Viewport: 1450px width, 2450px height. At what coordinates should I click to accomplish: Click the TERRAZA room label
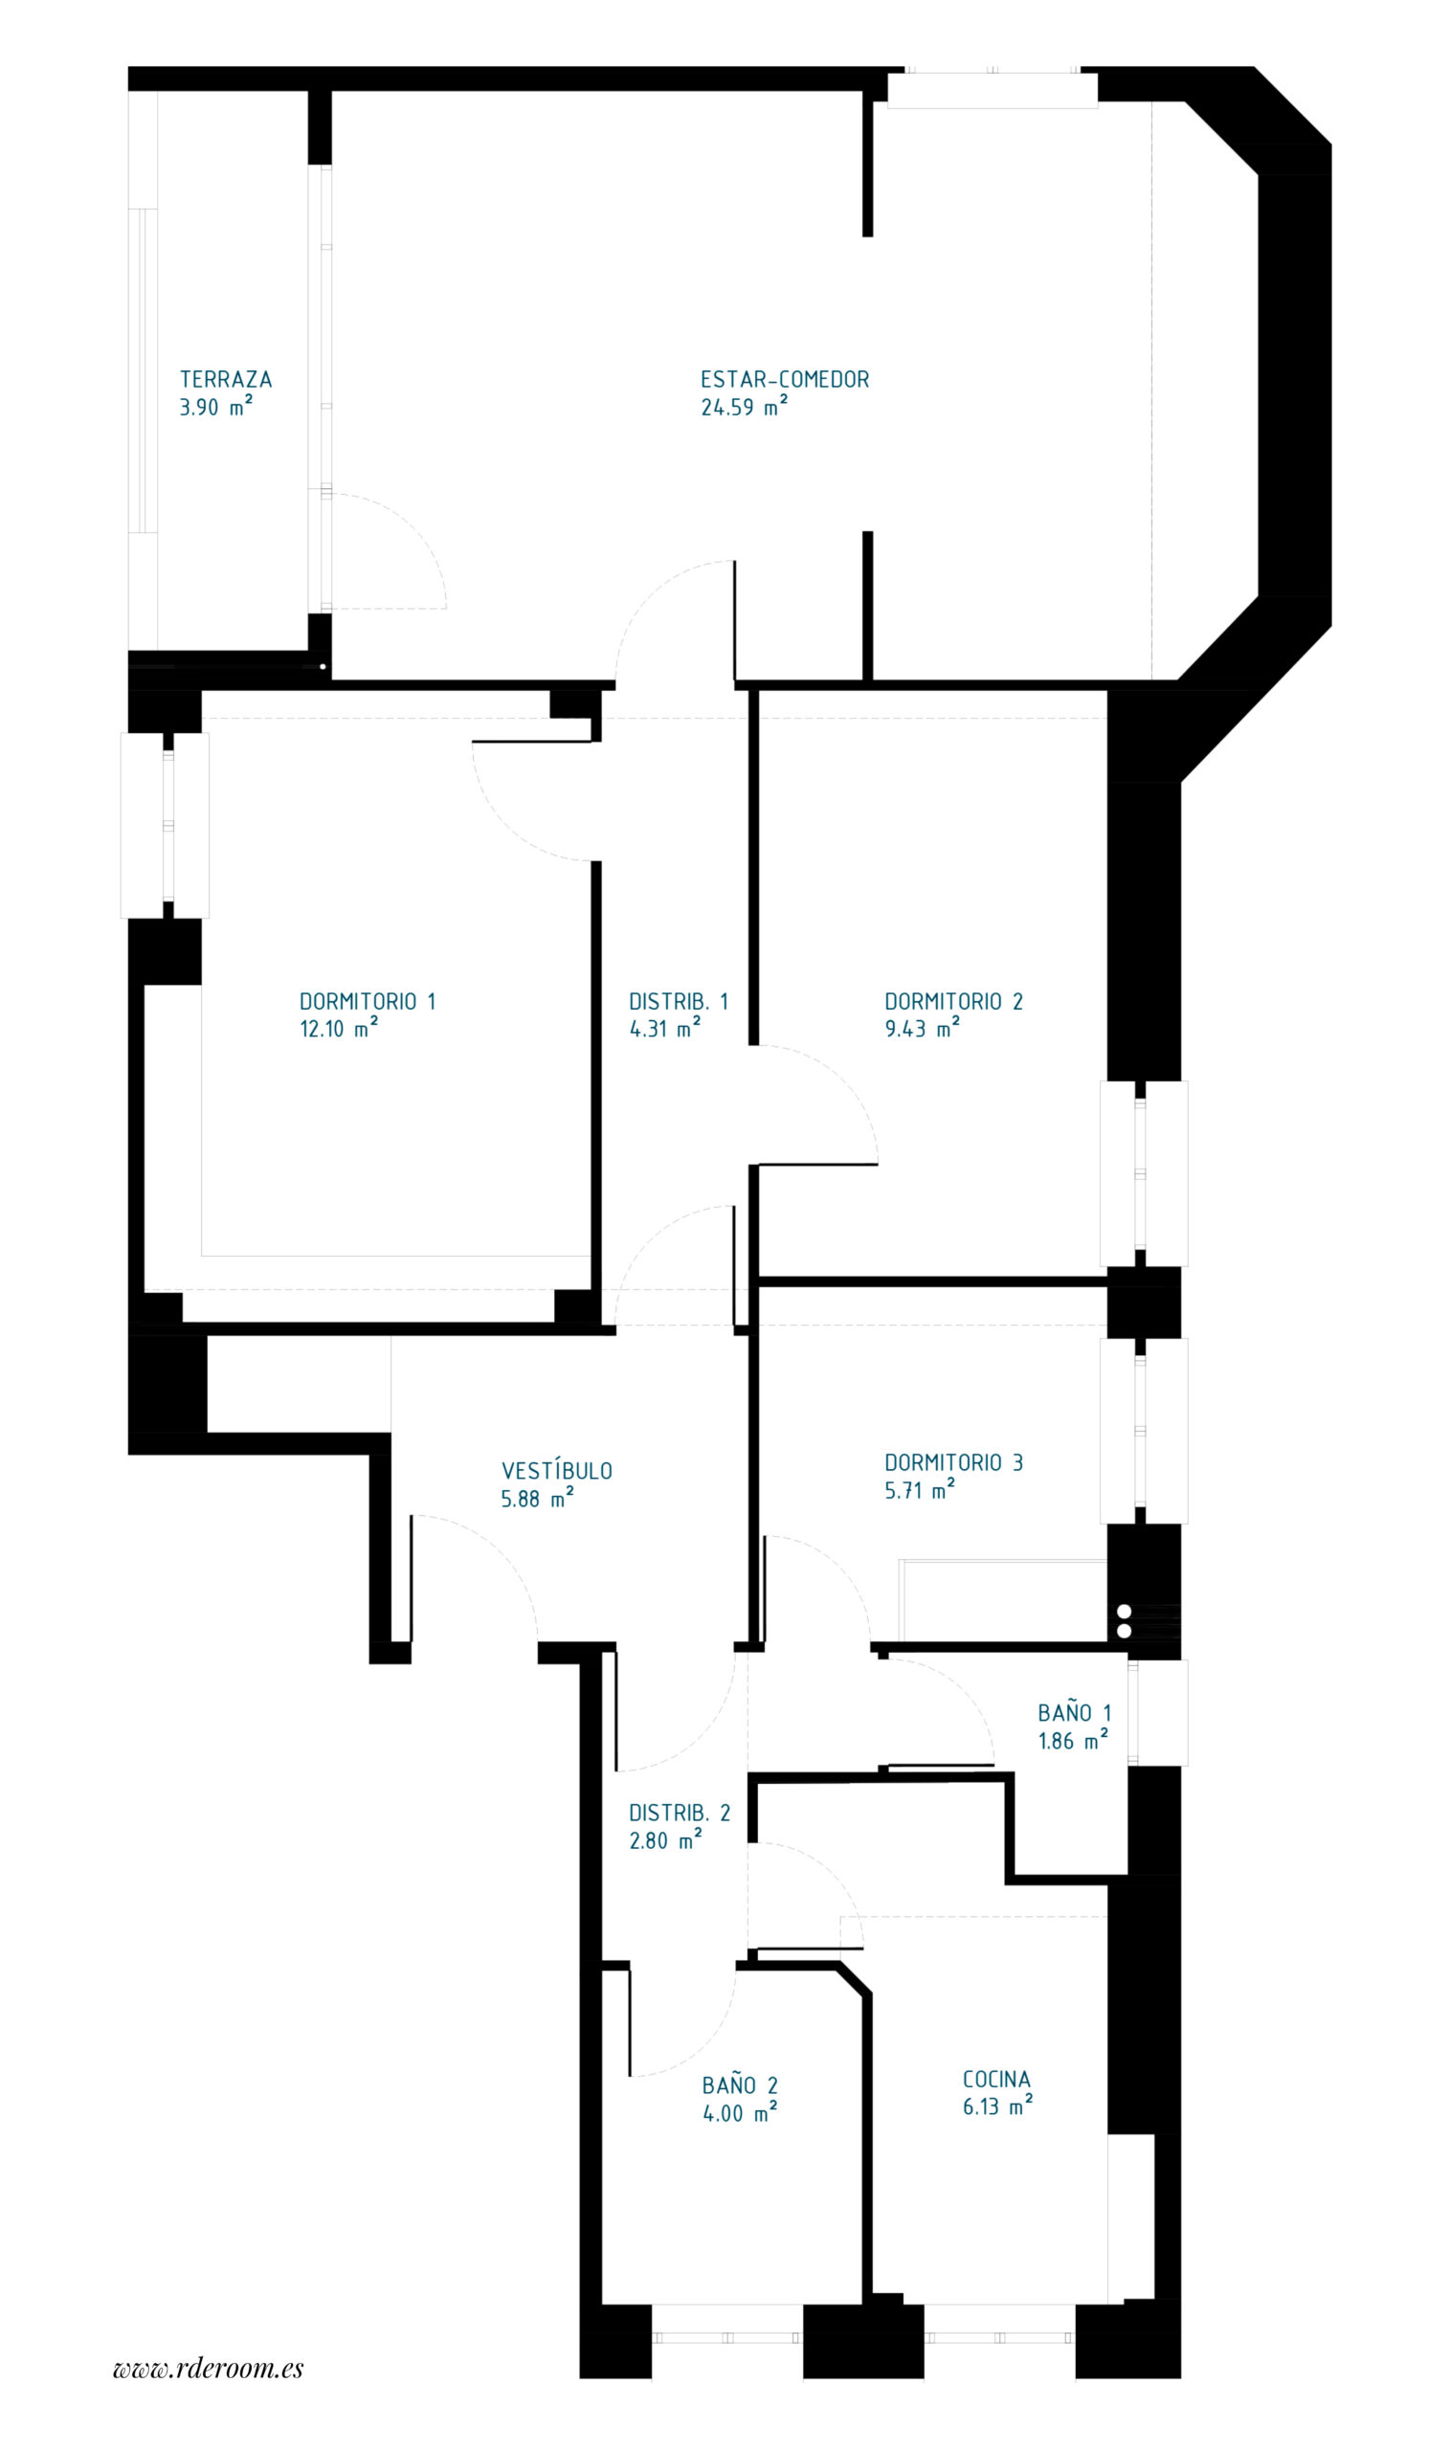(x=226, y=379)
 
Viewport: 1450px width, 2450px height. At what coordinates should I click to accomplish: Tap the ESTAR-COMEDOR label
(x=785, y=379)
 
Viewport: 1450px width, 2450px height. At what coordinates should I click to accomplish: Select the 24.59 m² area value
(x=744, y=408)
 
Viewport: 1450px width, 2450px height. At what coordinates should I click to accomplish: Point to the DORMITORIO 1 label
(x=368, y=1001)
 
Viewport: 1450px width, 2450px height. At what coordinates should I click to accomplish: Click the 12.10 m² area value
(x=338, y=1029)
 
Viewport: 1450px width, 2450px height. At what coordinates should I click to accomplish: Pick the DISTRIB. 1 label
(x=678, y=1001)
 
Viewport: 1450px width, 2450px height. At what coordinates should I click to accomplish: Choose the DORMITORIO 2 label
(x=953, y=1001)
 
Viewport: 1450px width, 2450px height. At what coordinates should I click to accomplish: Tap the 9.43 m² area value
(x=922, y=1029)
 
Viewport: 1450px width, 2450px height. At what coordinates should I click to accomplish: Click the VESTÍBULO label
(x=557, y=1471)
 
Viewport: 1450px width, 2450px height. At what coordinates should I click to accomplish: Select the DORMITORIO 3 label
(x=953, y=1462)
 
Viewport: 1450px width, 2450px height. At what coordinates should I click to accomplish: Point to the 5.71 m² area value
(x=920, y=1491)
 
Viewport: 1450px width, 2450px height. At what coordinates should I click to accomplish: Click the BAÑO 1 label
(x=1075, y=1713)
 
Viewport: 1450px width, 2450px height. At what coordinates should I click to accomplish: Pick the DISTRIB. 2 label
(x=680, y=1813)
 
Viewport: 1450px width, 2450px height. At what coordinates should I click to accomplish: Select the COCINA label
(x=996, y=2079)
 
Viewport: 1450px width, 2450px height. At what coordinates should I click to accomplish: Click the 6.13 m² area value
(x=997, y=2107)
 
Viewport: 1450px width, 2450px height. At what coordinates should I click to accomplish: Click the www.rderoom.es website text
(x=208, y=2367)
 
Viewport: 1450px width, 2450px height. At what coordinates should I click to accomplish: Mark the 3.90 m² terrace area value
(x=216, y=408)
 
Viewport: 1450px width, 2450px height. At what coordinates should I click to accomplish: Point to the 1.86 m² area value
(x=1073, y=1741)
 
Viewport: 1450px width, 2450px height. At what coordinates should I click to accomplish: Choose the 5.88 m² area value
(x=537, y=1500)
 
